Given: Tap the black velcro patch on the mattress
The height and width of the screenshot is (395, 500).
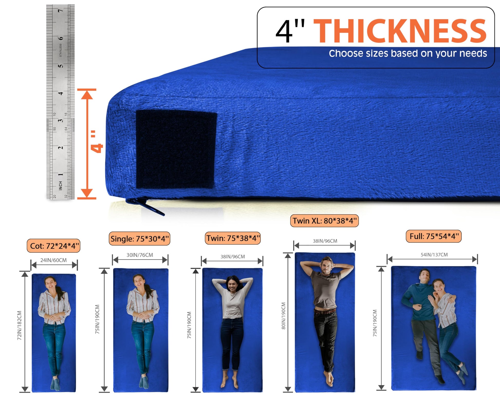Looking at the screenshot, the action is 176,150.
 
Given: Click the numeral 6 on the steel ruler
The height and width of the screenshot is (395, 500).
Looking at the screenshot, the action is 60,39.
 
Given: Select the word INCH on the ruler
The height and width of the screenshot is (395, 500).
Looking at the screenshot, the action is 61,186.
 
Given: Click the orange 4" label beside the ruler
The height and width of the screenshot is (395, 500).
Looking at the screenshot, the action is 96,142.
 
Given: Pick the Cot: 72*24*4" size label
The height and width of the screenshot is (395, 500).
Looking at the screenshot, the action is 53,246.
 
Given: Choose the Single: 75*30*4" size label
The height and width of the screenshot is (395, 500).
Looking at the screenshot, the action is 140,239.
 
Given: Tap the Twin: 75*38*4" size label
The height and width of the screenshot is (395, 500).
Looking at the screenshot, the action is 233,238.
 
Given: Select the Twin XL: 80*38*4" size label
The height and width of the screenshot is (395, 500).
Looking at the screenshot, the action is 325,221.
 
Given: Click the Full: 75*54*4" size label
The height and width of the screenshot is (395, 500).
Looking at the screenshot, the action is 434,236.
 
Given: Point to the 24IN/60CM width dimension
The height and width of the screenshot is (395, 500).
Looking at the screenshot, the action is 53,260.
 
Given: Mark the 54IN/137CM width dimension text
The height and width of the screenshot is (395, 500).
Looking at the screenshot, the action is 434,255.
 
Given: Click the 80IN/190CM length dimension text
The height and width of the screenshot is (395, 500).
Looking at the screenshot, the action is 283,316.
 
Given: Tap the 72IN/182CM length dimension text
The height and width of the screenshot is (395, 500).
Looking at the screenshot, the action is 20,325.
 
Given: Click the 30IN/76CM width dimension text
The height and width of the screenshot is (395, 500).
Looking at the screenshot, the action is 140,255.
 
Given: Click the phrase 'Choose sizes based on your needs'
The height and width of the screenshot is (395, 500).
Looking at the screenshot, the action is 408,53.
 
